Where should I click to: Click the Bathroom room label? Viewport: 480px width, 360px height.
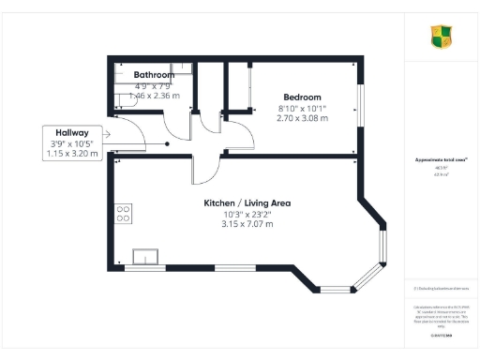click(x=153, y=74)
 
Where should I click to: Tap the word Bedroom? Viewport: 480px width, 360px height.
click(x=302, y=97)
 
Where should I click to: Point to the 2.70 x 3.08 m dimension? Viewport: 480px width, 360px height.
click(x=302, y=119)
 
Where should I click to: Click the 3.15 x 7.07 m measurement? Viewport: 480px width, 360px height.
click(x=248, y=224)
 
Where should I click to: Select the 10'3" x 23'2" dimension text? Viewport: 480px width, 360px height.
click(x=248, y=214)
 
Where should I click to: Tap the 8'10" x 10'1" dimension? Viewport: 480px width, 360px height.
click(x=302, y=109)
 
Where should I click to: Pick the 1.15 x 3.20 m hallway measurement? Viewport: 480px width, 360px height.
click(x=70, y=154)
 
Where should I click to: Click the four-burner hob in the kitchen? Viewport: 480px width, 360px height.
click(x=123, y=213)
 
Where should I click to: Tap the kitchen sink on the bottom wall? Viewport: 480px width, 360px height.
click(x=147, y=257)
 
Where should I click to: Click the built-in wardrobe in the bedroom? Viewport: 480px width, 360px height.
click(x=245, y=89)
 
